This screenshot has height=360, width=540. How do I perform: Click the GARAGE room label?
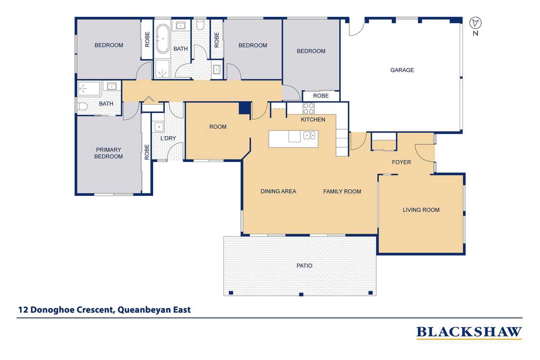point(402,70)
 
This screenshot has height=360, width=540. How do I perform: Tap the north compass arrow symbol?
point(475,23)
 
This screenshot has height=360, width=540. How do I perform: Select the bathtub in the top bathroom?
point(163,38)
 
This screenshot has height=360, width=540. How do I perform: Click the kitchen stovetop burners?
point(308,108)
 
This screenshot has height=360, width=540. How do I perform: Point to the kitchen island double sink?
point(309,135)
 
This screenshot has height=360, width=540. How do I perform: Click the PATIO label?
point(304,265)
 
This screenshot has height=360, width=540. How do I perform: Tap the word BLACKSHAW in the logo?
point(469,332)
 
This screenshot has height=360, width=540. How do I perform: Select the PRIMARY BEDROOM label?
point(108,153)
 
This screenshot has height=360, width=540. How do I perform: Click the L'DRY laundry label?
point(168,138)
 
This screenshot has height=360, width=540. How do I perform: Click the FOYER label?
point(401,162)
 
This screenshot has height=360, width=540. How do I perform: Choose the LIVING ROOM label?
point(421,210)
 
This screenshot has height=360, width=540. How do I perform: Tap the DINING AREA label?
point(278,191)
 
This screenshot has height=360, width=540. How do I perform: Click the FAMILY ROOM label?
point(342,192)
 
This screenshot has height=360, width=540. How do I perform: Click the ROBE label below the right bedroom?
point(321,96)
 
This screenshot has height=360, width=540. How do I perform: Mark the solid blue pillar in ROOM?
point(245,108)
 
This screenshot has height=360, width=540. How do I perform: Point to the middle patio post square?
point(301,294)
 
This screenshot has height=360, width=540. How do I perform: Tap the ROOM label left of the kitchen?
point(218,127)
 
